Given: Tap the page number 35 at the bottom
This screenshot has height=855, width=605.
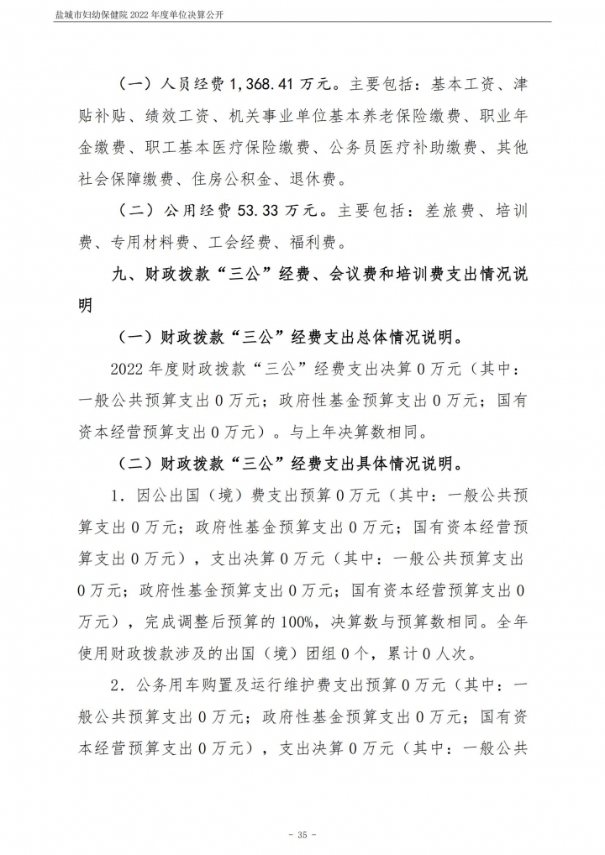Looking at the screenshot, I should coord(302,834).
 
